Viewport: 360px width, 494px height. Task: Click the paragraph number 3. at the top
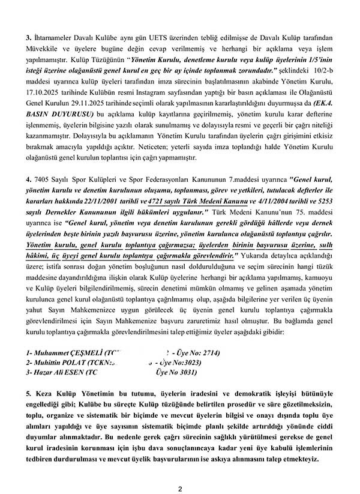28,37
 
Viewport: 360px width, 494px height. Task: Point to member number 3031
191,373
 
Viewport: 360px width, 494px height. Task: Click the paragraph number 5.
28,399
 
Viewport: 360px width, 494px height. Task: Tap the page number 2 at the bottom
179,488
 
